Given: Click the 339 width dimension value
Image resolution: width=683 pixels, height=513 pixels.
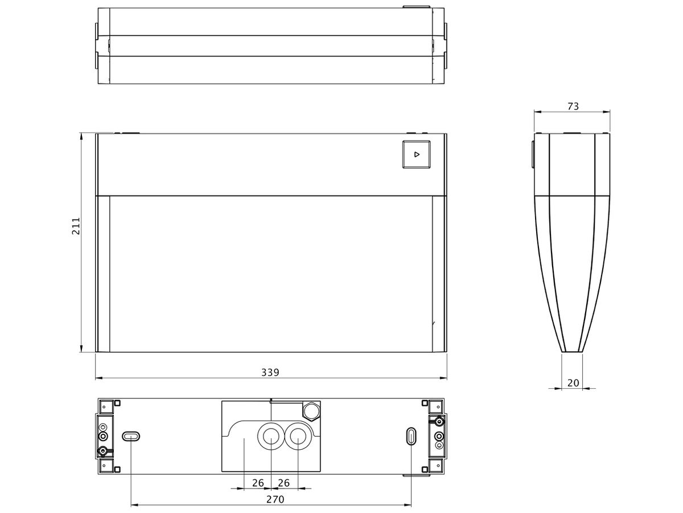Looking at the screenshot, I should pos(270,372).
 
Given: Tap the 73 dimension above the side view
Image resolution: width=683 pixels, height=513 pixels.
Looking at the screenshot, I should pos(573,107).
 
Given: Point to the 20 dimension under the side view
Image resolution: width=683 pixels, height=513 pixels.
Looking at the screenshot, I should pos(573,383).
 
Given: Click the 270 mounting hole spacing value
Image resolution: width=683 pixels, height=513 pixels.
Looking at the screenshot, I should pos(275,499).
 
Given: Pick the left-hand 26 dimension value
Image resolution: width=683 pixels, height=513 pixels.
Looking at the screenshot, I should pos(258,483).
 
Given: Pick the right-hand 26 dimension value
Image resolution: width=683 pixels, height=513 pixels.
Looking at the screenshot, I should pos(284,483).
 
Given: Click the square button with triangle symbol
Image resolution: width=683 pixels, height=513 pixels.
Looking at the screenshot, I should pos(416,154).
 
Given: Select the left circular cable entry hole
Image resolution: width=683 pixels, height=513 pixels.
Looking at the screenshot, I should pos(271,437).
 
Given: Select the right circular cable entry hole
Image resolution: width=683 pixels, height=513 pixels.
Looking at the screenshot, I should pos(298,437).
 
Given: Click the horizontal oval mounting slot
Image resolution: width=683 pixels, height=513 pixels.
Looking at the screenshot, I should pos(131,437).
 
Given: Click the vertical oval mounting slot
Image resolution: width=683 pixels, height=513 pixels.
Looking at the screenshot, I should pos(411,437).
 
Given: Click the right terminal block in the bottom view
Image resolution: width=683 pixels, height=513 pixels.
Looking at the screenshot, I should pos(438,437).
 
